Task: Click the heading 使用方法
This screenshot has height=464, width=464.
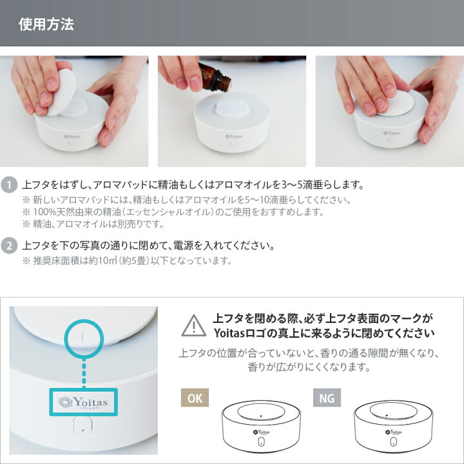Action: (46, 24)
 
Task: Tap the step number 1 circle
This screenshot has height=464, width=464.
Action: (9, 185)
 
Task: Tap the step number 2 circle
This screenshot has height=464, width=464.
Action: (9, 246)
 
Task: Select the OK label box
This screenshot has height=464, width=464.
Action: (195, 398)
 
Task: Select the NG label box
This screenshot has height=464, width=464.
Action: (327, 398)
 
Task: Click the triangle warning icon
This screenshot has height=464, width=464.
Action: (194, 325)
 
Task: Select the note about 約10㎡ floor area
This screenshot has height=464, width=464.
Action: (126, 261)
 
